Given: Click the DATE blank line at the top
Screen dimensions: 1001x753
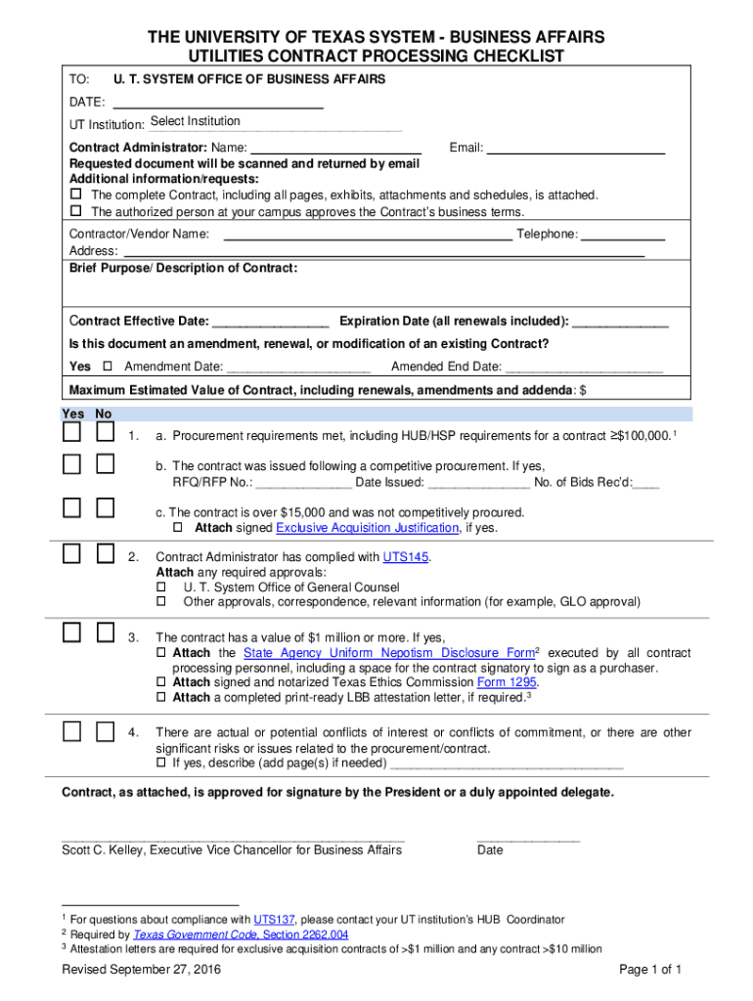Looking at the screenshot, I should [x=218, y=102].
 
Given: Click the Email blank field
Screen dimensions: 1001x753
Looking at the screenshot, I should [x=575, y=149].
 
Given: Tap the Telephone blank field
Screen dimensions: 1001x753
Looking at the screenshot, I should [x=623, y=235].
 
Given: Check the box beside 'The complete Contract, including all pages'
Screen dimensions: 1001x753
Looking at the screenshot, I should [x=75, y=196].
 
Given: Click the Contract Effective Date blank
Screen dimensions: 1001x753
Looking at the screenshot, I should [x=270, y=322].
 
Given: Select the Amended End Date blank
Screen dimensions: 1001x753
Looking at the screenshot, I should [x=584, y=368].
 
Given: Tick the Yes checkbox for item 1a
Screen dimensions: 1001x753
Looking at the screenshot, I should [x=73, y=432].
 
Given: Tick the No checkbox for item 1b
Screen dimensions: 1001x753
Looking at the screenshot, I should [x=106, y=464].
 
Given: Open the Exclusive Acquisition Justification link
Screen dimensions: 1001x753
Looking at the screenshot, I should [x=368, y=528].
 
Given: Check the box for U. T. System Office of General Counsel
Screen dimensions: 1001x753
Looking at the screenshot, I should [x=161, y=588].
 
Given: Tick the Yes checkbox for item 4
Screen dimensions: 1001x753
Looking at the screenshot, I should [x=73, y=731].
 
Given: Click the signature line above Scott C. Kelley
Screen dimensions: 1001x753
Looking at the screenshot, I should [x=233, y=839].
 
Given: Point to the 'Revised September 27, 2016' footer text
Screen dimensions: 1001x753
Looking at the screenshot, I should [x=141, y=970].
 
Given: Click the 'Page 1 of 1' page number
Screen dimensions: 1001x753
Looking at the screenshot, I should [x=650, y=970].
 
